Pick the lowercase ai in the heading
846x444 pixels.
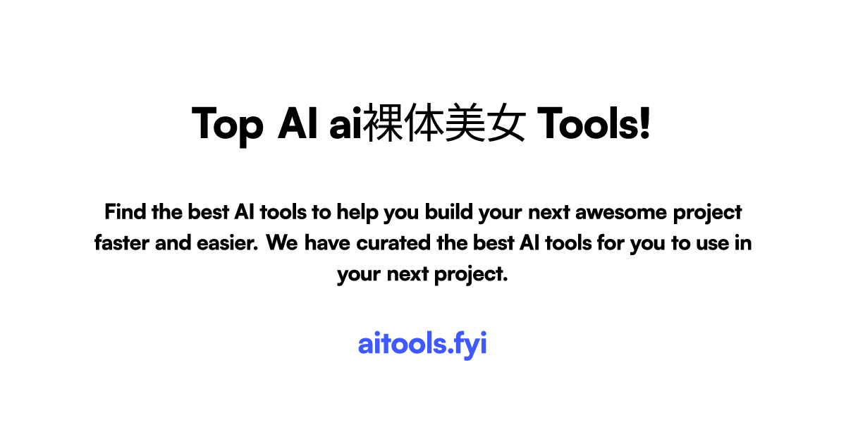click(x=345, y=124)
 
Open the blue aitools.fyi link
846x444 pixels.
click(x=422, y=345)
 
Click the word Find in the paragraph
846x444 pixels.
click(x=125, y=211)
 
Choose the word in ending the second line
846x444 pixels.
click(x=742, y=243)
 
